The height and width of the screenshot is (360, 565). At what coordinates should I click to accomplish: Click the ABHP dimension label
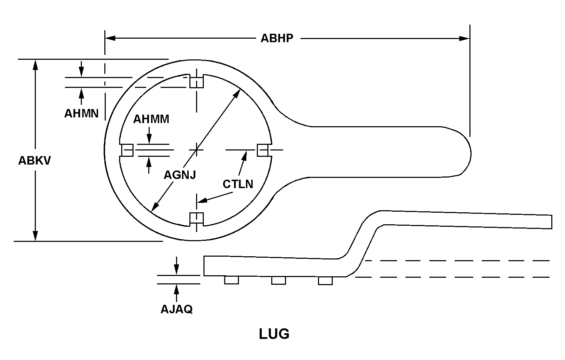[x=277, y=38]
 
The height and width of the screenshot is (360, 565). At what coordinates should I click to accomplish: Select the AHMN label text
[x=81, y=114]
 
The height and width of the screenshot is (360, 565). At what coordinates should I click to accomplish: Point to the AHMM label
[x=151, y=119]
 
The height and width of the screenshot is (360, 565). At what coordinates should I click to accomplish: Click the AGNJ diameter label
[x=180, y=174]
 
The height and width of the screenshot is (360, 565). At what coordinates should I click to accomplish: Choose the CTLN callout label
[x=238, y=184]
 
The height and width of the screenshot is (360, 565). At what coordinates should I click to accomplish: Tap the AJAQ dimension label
[x=176, y=309]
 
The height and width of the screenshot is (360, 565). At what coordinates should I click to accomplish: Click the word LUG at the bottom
[x=274, y=334]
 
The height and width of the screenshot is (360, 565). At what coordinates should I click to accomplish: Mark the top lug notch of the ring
[x=197, y=82]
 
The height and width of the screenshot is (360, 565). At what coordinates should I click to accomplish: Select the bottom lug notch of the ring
[x=197, y=219]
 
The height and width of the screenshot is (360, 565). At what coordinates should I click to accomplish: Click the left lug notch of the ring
[x=127, y=150]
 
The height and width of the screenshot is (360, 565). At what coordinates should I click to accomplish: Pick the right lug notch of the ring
[x=263, y=150]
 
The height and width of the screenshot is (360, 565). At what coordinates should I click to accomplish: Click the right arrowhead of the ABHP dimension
[x=465, y=38]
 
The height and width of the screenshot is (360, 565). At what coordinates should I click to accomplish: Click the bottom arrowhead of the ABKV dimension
[x=35, y=236]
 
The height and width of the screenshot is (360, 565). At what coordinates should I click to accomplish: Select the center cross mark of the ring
[x=197, y=150]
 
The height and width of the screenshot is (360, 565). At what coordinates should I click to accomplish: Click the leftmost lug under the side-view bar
[x=232, y=280]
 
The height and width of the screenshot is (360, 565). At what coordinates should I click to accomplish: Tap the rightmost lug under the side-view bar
[x=325, y=281]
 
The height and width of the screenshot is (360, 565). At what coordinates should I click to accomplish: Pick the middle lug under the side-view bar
[x=278, y=280]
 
